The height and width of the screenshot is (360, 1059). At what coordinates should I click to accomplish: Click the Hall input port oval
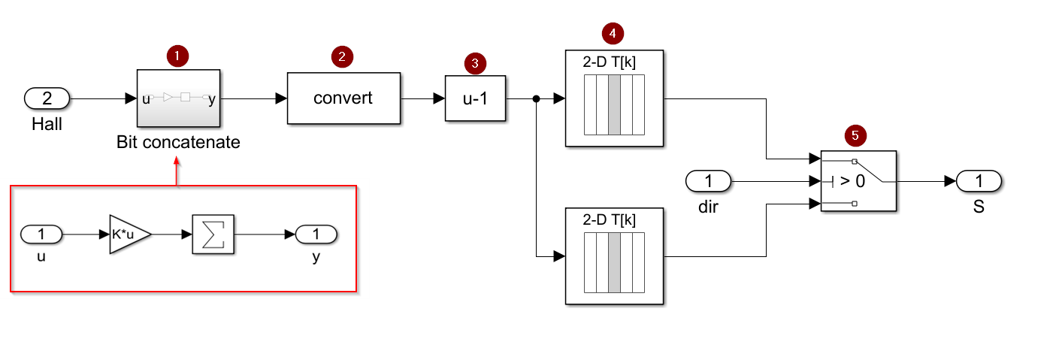click(47, 98)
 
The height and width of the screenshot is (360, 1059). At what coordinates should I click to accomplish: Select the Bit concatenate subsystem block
click(177, 98)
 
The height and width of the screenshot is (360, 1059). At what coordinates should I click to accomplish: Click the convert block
click(343, 98)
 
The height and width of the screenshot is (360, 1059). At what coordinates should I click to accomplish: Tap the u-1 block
click(475, 98)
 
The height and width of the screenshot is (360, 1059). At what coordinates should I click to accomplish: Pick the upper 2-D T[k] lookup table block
click(614, 98)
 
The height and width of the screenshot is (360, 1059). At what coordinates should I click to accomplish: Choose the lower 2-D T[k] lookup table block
click(614, 257)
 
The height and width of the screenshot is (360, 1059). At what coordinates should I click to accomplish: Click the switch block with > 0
click(858, 181)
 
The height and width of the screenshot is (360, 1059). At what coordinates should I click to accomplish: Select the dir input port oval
click(709, 181)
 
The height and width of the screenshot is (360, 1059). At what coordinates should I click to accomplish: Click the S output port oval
click(979, 181)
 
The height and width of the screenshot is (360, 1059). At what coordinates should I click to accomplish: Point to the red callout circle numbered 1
click(177, 56)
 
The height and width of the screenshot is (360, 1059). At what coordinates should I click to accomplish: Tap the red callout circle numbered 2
click(342, 56)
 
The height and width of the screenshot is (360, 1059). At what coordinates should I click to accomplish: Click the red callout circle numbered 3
click(474, 63)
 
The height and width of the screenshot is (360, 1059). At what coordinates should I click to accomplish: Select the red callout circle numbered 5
click(855, 135)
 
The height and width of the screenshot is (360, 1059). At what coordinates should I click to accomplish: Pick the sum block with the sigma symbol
click(213, 234)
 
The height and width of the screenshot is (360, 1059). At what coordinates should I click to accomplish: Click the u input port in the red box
click(41, 234)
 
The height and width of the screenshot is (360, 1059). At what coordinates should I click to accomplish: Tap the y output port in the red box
click(316, 234)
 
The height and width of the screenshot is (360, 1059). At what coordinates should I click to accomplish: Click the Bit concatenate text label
click(178, 142)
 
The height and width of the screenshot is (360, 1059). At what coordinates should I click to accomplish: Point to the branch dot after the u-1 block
click(536, 98)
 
